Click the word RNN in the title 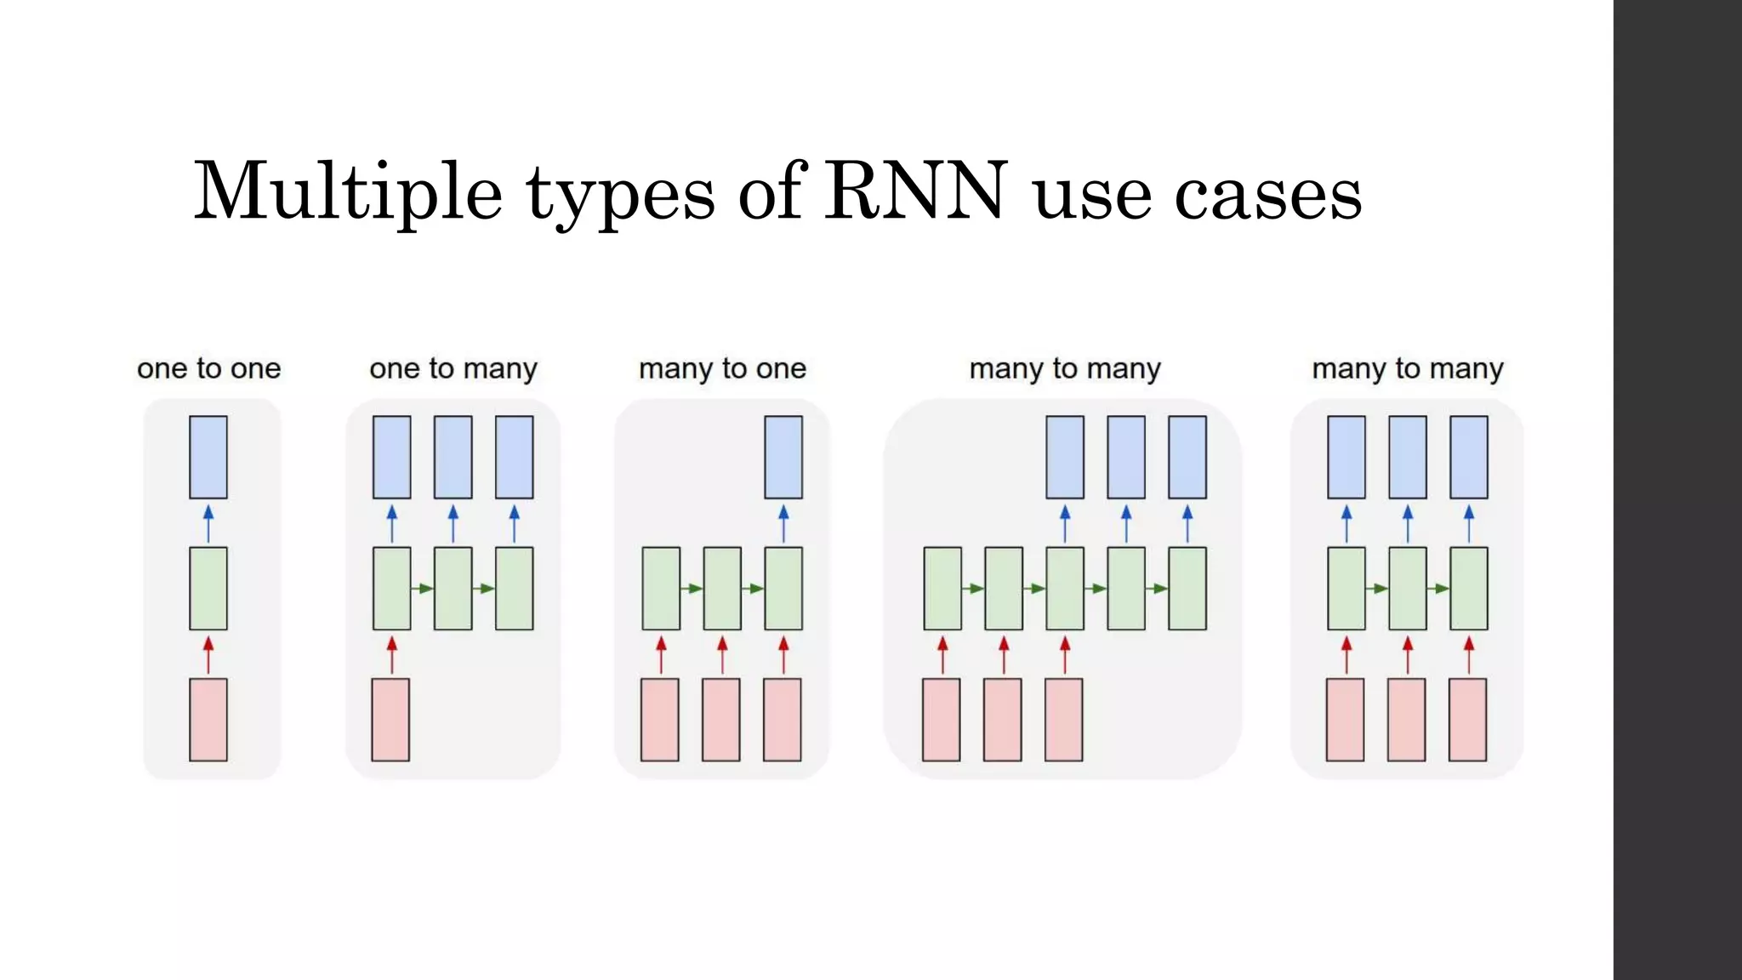point(915,191)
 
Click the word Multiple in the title point(348,191)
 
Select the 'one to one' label point(208,368)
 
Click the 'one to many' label point(453,368)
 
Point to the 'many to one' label point(722,368)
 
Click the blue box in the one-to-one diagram point(208,457)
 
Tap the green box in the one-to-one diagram point(208,588)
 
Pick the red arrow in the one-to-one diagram point(208,654)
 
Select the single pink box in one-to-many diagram point(390,719)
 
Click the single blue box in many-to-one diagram point(783,457)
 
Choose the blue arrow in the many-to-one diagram point(783,523)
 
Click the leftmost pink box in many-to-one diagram point(660,719)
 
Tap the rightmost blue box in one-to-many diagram point(514,457)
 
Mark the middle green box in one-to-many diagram point(453,588)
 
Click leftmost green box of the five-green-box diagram point(942,588)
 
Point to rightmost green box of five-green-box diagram point(1187,588)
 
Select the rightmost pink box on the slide point(1468,719)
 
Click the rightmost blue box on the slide point(1469,457)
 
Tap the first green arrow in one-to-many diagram point(422,589)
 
